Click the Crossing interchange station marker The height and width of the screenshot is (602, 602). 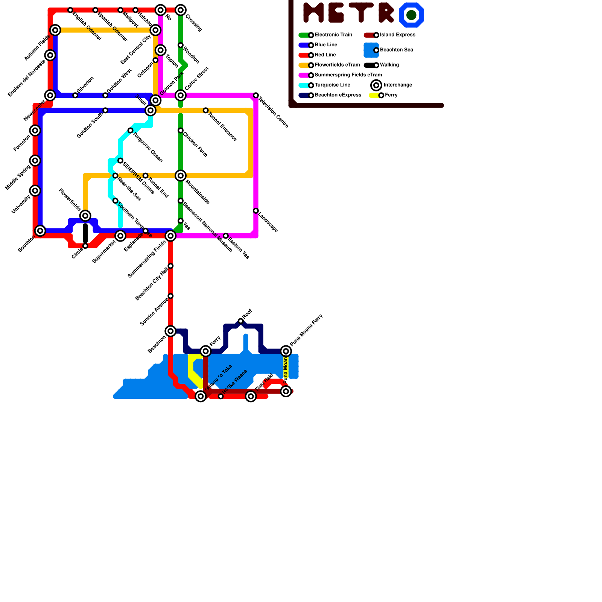(181, 10)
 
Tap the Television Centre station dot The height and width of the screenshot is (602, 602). (256, 96)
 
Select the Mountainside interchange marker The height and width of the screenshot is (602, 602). (181, 176)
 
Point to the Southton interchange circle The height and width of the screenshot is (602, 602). (40, 231)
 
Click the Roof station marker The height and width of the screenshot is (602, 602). (241, 321)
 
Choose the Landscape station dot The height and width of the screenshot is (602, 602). (256, 211)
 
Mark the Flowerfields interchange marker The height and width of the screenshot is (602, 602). (85, 216)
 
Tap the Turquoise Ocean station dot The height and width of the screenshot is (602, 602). (130, 131)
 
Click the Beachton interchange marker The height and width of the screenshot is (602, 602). (170, 331)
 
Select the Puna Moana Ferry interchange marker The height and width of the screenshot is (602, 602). (286, 351)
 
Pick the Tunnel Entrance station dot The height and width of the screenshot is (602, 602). (205, 111)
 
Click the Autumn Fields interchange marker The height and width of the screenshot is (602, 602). (55, 30)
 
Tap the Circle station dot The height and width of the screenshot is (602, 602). (85, 246)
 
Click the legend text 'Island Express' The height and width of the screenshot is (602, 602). (397, 35)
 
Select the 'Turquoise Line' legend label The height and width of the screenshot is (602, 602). (332, 85)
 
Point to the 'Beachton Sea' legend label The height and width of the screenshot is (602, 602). (397, 50)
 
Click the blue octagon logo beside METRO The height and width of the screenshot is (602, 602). (411, 15)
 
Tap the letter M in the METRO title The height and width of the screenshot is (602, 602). (313, 12)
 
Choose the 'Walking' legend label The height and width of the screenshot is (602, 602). (389, 65)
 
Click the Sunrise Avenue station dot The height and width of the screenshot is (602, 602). (170, 296)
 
